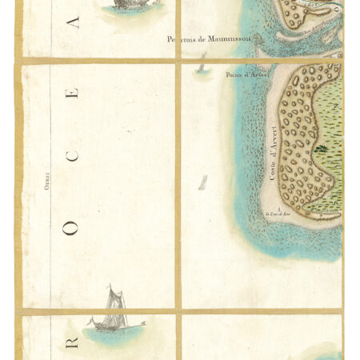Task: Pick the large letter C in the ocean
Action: (73, 155)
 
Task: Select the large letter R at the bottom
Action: (73, 342)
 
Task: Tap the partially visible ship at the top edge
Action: (122, 5)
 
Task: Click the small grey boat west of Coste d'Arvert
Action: (203, 182)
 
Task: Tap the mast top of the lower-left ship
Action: (110, 286)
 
